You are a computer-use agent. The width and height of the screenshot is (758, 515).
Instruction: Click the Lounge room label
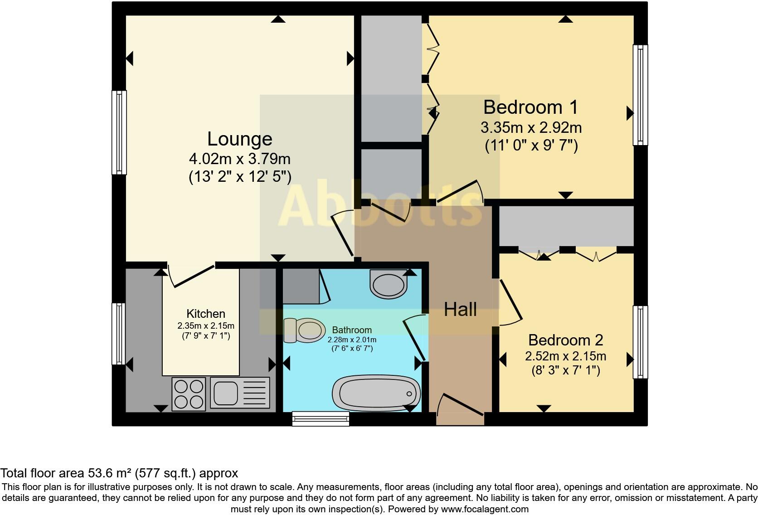[x=239, y=139]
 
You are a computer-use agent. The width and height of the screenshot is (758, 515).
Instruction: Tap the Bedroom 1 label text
[x=530, y=107]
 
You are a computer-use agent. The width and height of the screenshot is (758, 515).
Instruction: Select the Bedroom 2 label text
[x=565, y=340]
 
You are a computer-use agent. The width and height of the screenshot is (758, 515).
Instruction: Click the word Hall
[x=460, y=310]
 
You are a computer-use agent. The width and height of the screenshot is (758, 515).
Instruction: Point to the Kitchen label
[x=205, y=314]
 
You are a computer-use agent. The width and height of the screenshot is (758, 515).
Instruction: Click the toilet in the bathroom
[x=304, y=330]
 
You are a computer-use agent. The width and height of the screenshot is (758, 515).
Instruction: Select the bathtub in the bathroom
[x=376, y=393]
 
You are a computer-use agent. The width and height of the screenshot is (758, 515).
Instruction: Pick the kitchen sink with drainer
[x=240, y=393]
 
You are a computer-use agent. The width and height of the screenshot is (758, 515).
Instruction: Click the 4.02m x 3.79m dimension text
[x=239, y=159]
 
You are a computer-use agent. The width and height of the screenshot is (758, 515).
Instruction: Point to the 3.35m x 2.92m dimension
[x=531, y=127]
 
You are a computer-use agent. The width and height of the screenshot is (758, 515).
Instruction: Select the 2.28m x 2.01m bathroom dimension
[x=352, y=340]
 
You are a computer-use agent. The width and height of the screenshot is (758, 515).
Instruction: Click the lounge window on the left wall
[x=119, y=132]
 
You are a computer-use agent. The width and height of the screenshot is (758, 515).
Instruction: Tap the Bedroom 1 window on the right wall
[x=640, y=95]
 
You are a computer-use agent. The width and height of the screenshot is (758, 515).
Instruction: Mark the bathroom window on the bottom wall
[x=321, y=418]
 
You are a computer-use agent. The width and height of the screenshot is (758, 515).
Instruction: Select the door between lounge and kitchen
[x=193, y=275]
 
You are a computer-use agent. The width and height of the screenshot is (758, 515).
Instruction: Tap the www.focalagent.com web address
[x=485, y=509]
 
